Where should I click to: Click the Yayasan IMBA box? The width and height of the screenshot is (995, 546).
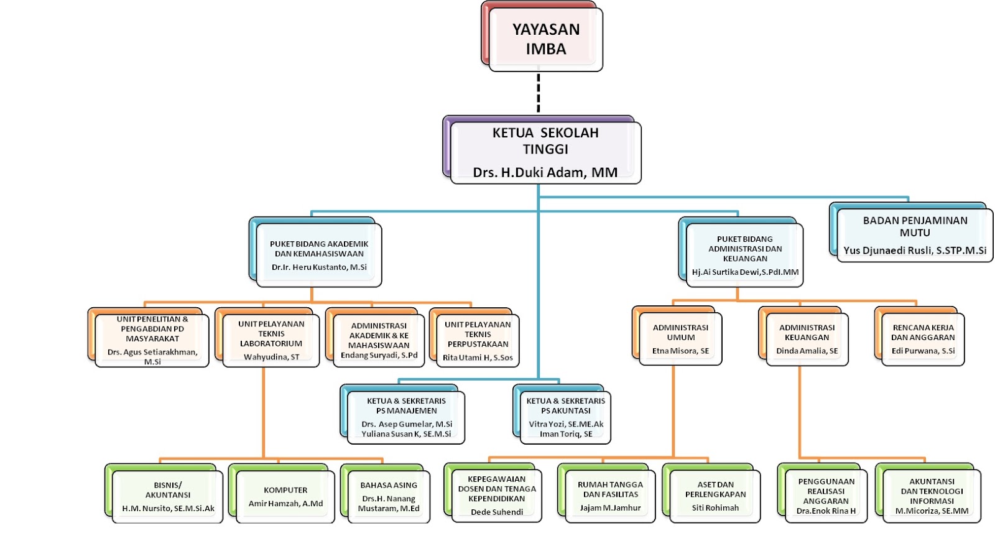pyautogui.click(x=545, y=39)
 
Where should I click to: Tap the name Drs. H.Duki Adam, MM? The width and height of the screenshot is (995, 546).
pyautogui.click(x=545, y=172)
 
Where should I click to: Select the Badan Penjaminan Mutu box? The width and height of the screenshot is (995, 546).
pyautogui.click(x=914, y=234)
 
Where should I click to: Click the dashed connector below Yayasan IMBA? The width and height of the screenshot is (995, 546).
pyautogui.click(x=539, y=93)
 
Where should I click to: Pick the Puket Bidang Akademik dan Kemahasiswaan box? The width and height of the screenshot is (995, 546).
pyautogui.click(x=318, y=254)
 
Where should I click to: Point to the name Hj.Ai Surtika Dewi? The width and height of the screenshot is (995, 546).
pyautogui.click(x=745, y=272)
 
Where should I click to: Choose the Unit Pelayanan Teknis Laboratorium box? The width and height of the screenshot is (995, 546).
pyautogui.click(x=271, y=339)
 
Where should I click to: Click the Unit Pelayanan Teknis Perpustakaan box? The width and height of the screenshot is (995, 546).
pyautogui.click(x=478, y=340)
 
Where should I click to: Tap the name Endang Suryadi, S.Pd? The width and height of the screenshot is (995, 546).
pyautogui.click(x=379, y=355)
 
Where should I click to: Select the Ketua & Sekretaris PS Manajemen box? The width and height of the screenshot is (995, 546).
pyautogui.click(x=406, y=416)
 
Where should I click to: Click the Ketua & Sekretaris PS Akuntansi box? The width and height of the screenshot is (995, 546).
pyautogui.click(x=565, y=416)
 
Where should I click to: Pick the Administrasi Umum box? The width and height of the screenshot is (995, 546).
pyautogui.click(x=680, y=338)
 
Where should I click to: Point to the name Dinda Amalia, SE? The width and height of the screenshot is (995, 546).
pyautogui.click(x=807, y=351)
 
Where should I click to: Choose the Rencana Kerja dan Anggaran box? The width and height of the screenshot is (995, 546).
pyautogui.click(x=923, y=338)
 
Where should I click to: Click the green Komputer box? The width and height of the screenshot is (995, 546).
pyautogui.click(x=285, y=496)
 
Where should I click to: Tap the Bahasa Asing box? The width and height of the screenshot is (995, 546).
pyautogui.click(x=389, y=496)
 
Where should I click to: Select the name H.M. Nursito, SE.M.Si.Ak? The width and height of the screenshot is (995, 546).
pyautogui.click(x=168, y=508)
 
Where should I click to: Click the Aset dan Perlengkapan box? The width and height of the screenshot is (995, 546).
pyautogui.click(x=715, y=495)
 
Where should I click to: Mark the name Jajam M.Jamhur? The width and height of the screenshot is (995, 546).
pyautogui.click(x=610, y=507)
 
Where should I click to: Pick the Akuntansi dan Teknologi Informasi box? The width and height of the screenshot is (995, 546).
pyautogui.click(x=932, y=495)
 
